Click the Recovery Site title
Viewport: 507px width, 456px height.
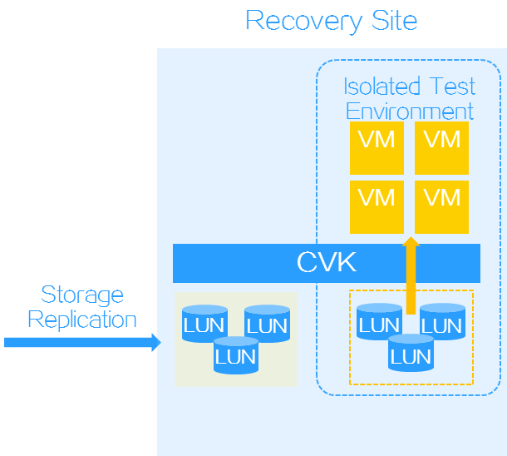coord(331,20)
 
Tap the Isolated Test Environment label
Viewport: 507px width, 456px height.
coord(410,98)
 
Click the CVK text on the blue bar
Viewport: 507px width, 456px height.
coord(326,263)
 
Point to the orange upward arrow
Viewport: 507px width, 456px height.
coord(411,275)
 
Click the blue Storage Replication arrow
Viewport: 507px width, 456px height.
coord(82,342)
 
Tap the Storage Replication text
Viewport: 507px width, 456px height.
coord(82,306)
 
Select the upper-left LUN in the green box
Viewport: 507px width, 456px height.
coord(204,325)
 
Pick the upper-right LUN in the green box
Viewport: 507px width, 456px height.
coord(267,325)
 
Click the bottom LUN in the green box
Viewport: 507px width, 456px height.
coord(236,356)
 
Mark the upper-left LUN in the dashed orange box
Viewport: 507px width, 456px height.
coord(379,325)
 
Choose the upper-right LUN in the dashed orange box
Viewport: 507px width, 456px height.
coord(442,325)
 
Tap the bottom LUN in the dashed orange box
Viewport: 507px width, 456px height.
coord(411,356)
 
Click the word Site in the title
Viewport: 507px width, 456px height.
coord(392,20)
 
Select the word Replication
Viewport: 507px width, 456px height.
coord(82,320)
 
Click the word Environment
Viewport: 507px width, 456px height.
coord(410,111)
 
